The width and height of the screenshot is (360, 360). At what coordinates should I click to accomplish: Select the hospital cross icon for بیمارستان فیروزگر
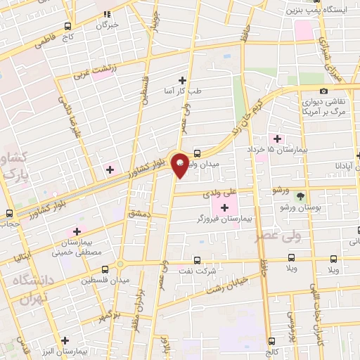(224, 207)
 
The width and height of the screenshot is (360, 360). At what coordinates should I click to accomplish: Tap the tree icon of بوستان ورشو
(301, 196)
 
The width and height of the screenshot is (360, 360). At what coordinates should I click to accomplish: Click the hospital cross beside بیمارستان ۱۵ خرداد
(277, 139)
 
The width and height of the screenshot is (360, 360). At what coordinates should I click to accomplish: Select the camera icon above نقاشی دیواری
(323, 91)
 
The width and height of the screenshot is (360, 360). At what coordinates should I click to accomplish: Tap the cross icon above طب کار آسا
(183, 80)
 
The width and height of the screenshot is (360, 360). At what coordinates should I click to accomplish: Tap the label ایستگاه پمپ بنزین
(316, 11)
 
